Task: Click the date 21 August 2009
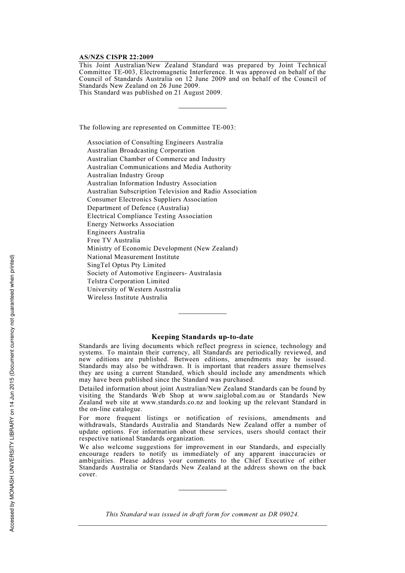click(x=197, y=92)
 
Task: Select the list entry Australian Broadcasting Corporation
click(x=141, y=150)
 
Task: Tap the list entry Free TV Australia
click(x=113, y=240)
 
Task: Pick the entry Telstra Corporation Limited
click(x=128, y=281)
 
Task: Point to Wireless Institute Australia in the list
click(x=127, y=297)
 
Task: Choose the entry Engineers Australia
click(x=116, y=232)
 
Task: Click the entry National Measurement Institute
click(x=133, y=257)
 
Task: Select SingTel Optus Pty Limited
click(x=126, y=265)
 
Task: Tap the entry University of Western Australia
click(x=133, y=289)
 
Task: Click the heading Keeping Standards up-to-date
click(x=202, y=337)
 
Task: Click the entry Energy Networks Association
click(x=130, y=224)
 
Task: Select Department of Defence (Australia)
click(x=138, y=208)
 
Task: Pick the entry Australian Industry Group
click(x=125, y=175)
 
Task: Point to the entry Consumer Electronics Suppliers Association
click(x=152, y=199)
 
